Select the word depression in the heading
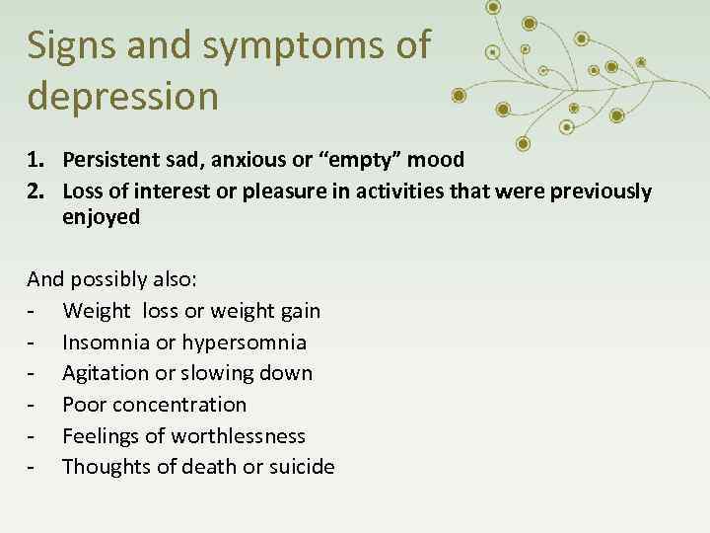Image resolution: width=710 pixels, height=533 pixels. [123, 96]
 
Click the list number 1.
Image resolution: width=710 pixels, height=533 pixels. [35, 160]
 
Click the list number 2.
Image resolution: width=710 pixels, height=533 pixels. [35, 190]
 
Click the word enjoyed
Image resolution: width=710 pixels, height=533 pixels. [101, 217]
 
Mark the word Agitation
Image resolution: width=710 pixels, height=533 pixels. [106, 373]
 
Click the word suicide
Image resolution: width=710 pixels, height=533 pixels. [299, 467]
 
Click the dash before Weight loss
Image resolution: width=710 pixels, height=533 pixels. [33, 312]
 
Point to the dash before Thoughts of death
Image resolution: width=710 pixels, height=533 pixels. [33, 468]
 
